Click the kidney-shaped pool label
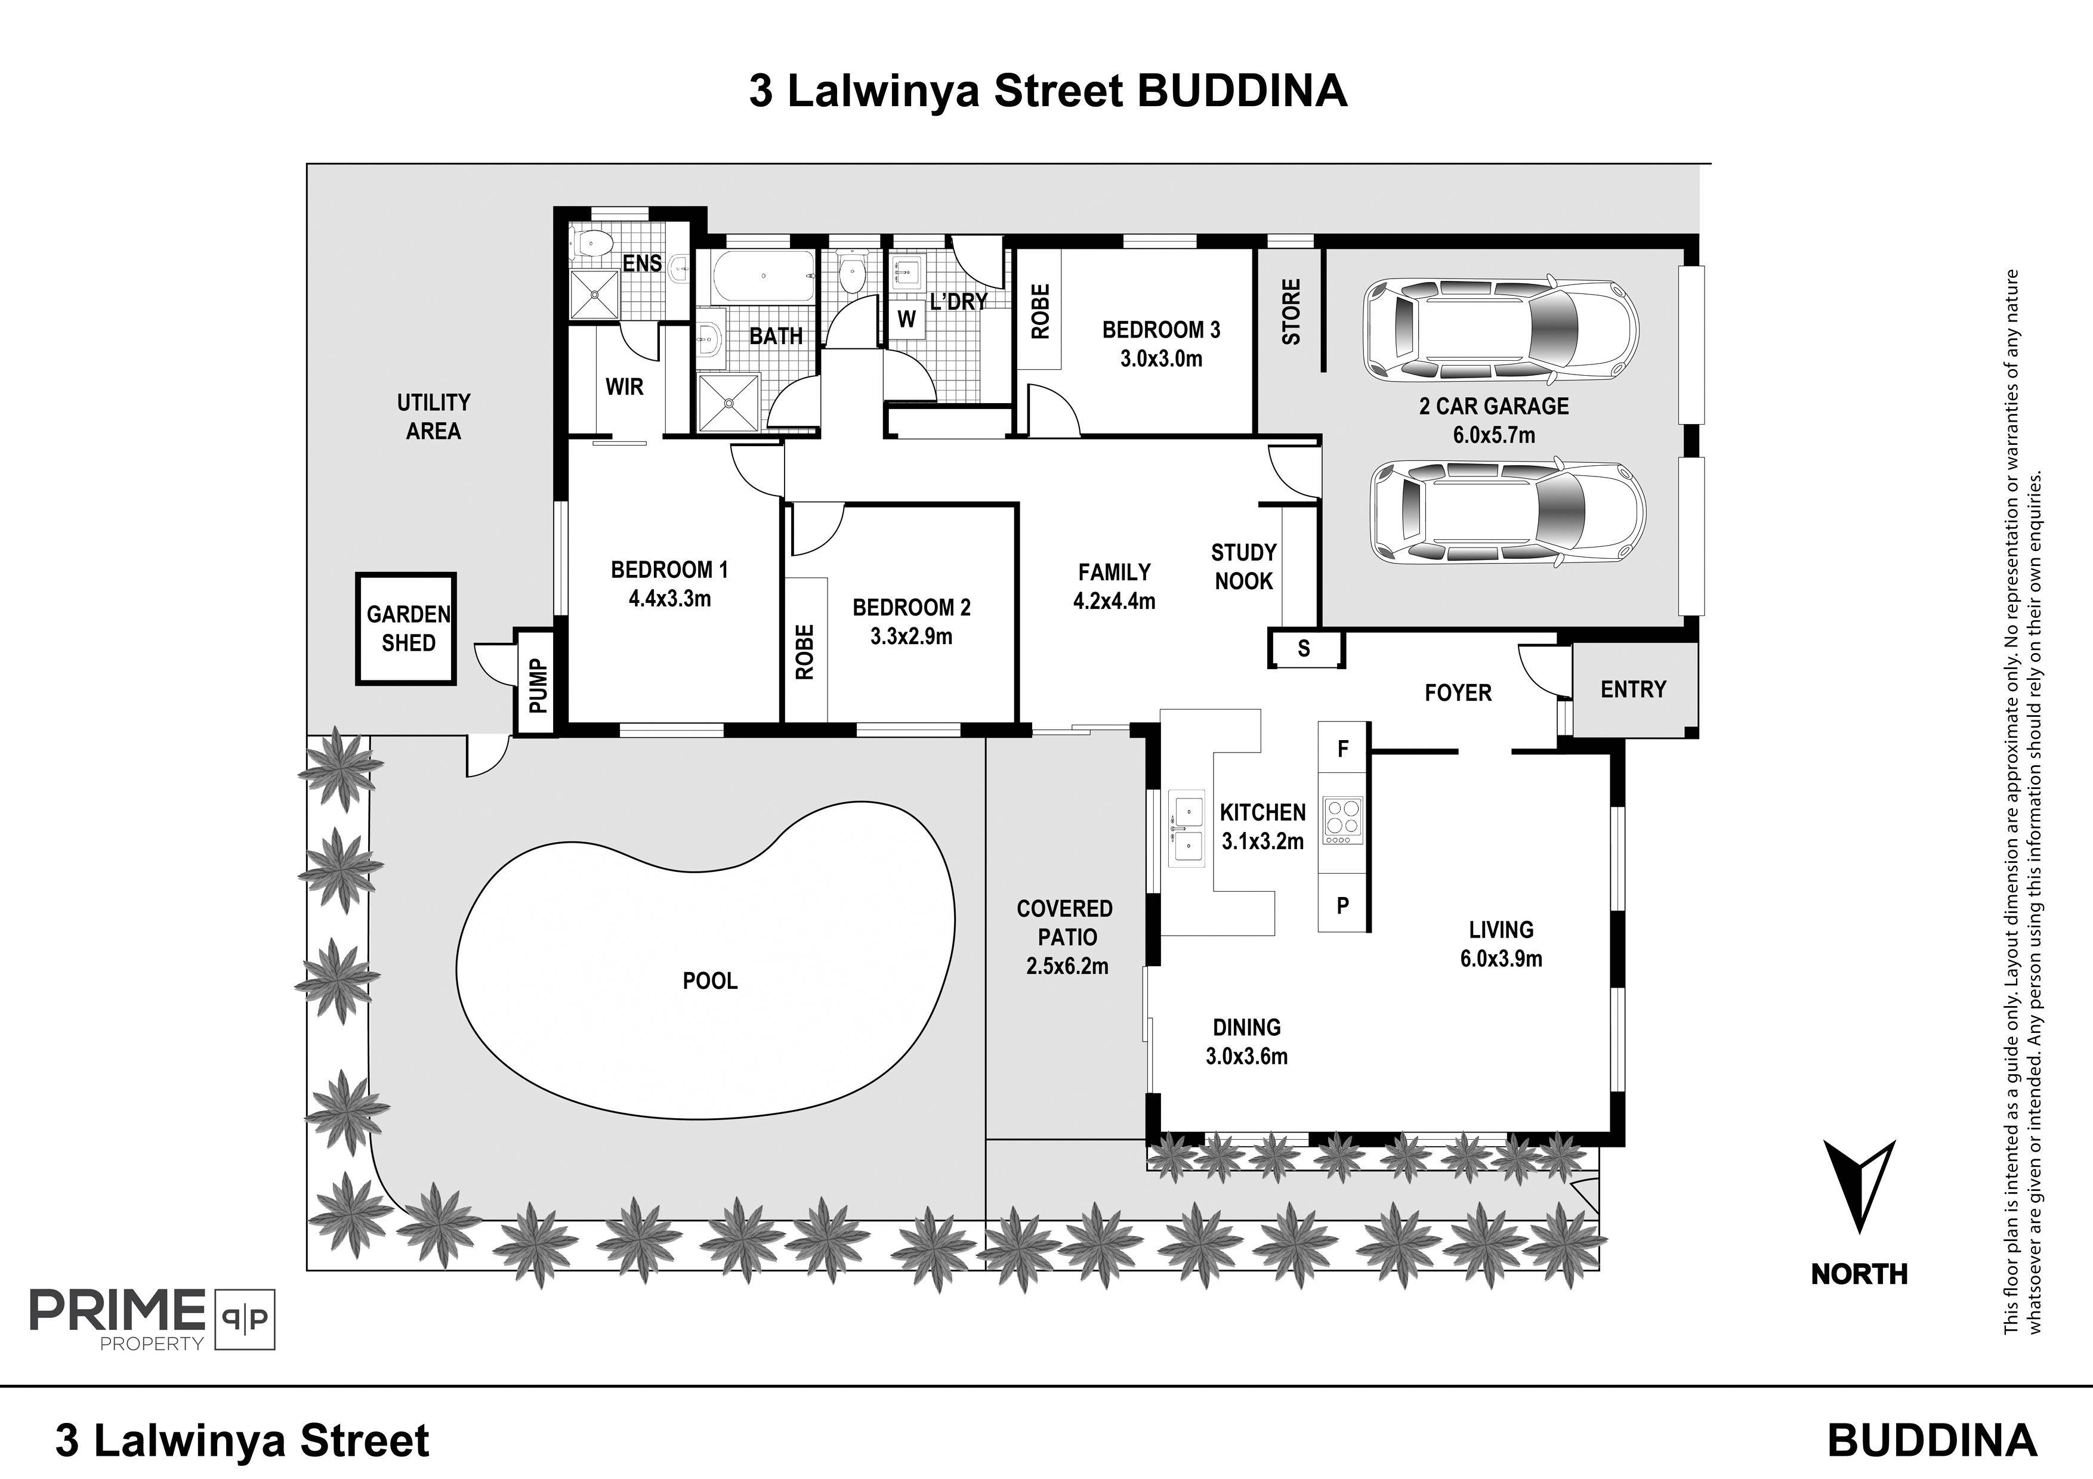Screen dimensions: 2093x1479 [x=710, y=982]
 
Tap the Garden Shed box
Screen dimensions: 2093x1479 [x=406, y=629]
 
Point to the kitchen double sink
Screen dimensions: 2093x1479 [x=1186, y=830]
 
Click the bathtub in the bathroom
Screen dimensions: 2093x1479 [x=763, y=277]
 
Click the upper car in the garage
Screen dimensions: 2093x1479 [x=1501, y=331]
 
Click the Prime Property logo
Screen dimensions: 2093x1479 [x=152, y=1319]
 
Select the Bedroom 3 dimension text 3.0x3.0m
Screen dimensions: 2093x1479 [x=1162, y=359]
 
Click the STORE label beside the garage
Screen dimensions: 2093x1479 [x=1292, y=312]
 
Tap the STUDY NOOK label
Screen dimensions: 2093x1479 [x=1243, y=567]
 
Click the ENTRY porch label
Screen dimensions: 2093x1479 [x=1634, y=690]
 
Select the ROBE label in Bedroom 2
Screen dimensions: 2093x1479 [x=804, y=652]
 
